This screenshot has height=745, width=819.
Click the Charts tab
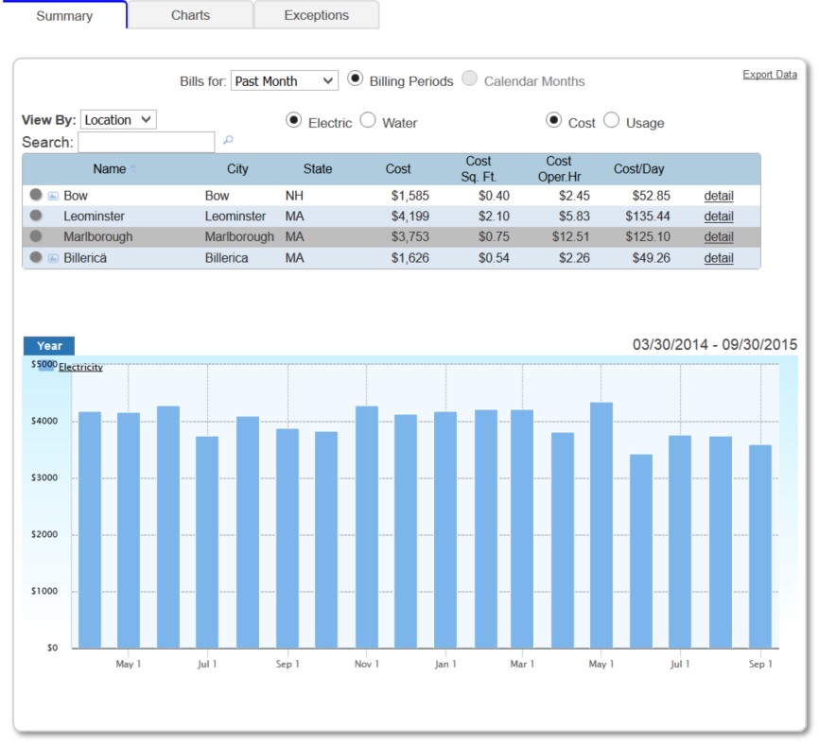coord(190,15)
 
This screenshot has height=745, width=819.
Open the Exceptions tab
coord(316,15)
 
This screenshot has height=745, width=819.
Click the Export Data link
coord(769,75)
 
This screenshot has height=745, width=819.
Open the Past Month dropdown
coord(284,81)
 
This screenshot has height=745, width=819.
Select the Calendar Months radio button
coord(470,80)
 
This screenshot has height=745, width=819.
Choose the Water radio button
coord(368,121)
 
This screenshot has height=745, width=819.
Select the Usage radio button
coord(612,121)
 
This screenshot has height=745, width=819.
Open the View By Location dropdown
coord(118,120)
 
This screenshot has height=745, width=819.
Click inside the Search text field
coord(147,142)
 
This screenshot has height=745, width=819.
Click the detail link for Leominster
coord(718,217)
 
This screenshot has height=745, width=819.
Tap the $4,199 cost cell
coord(409,217)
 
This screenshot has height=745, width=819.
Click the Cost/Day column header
coord(638,169)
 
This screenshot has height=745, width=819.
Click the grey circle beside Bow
coord(35,195)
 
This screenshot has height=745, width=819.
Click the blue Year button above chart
coord(49,346)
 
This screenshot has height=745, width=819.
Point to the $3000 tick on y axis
coord(44,478)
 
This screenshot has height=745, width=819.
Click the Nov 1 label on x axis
coord(366,665)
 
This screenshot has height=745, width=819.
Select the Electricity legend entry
coord(80,368)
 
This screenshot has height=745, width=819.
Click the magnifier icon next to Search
coord(228,142)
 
